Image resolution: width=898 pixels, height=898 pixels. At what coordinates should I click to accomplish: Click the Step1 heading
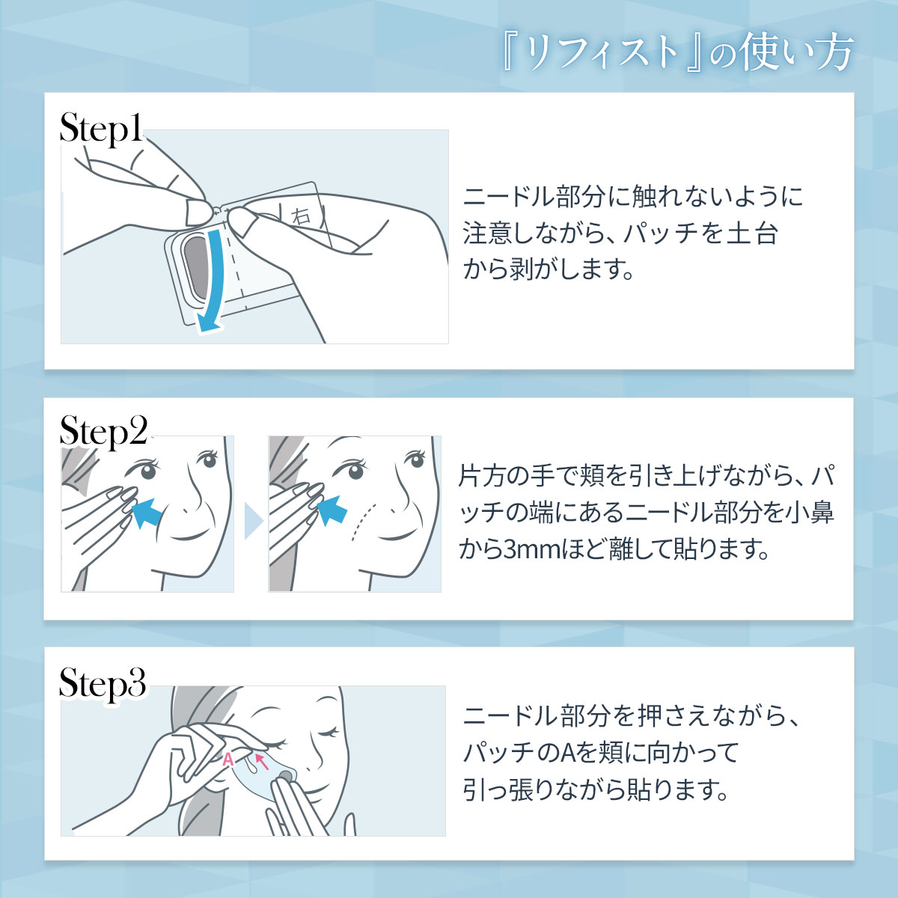(101, 129)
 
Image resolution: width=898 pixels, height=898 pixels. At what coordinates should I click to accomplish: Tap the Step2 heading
(103, 432)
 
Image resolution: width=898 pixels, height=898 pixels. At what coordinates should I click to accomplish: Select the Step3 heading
(103, 683)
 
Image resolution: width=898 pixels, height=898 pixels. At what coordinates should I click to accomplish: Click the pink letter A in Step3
(228, 759)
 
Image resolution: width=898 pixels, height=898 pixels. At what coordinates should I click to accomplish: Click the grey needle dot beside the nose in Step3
(285, 776)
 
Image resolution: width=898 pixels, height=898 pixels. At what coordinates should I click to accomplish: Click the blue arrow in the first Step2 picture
(147, 512)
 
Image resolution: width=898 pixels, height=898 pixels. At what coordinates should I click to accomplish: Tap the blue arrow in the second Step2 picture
(332, 510)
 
